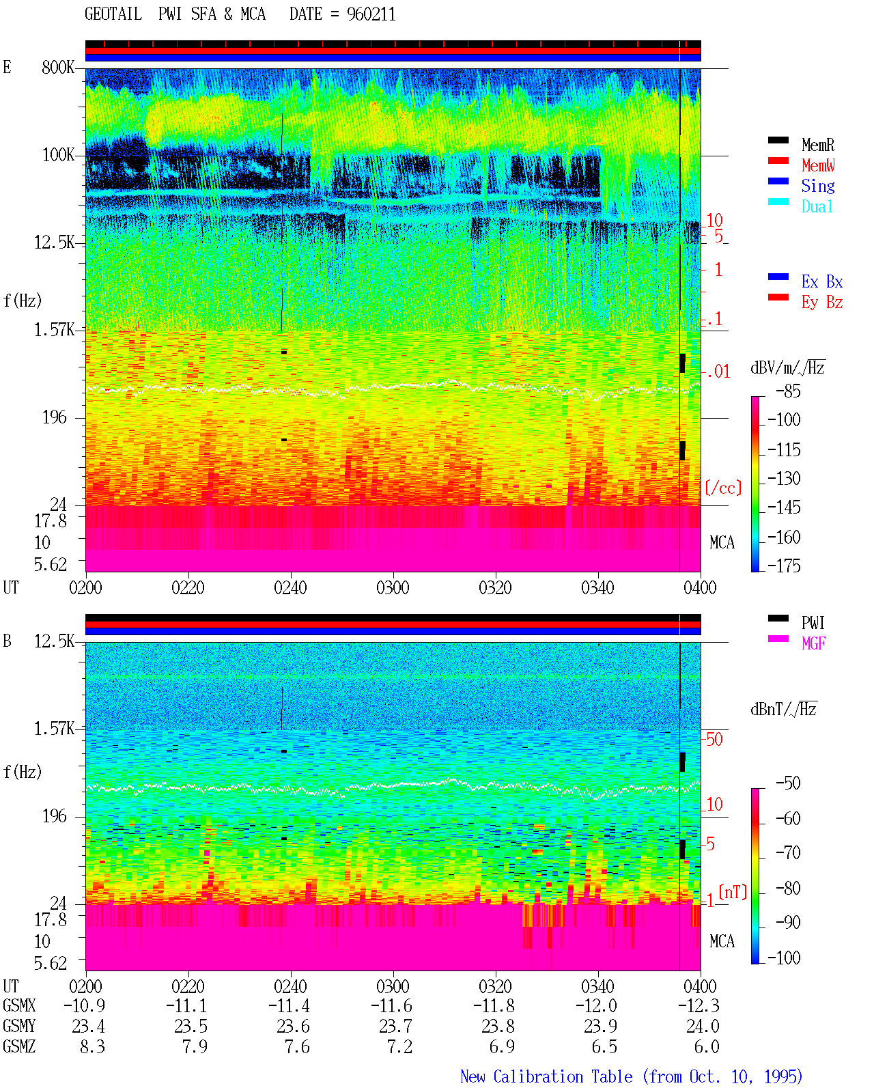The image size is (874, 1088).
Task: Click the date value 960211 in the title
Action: point(371,14)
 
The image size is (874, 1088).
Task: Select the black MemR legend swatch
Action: point(778,140)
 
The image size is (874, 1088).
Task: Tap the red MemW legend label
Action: point(818,165)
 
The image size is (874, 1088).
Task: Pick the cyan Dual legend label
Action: point(817,206)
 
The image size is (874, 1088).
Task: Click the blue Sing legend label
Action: point(817,186)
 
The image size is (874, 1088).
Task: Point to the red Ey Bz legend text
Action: point(822,303)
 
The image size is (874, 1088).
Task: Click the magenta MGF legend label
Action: point(813,643)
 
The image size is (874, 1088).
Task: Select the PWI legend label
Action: point(813,622)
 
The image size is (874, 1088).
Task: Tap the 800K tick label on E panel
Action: point(58,67)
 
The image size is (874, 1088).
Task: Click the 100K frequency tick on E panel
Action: point(58,155)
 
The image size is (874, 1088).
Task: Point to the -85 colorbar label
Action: point(788,391)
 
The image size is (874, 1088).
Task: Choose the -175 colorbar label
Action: point(784,566)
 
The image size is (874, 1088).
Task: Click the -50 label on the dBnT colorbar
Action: point(788,783)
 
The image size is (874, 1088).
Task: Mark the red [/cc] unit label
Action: point(723,488)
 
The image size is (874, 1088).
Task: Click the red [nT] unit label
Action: point(733,891)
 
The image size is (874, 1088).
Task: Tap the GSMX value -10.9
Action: point(85,1005)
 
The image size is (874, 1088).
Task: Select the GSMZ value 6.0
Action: point(707,1046)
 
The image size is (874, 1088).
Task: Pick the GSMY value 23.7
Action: point(396,1026)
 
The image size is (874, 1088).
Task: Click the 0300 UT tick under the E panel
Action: point(393,588)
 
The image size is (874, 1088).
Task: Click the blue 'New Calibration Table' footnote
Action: point(546,1076)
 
